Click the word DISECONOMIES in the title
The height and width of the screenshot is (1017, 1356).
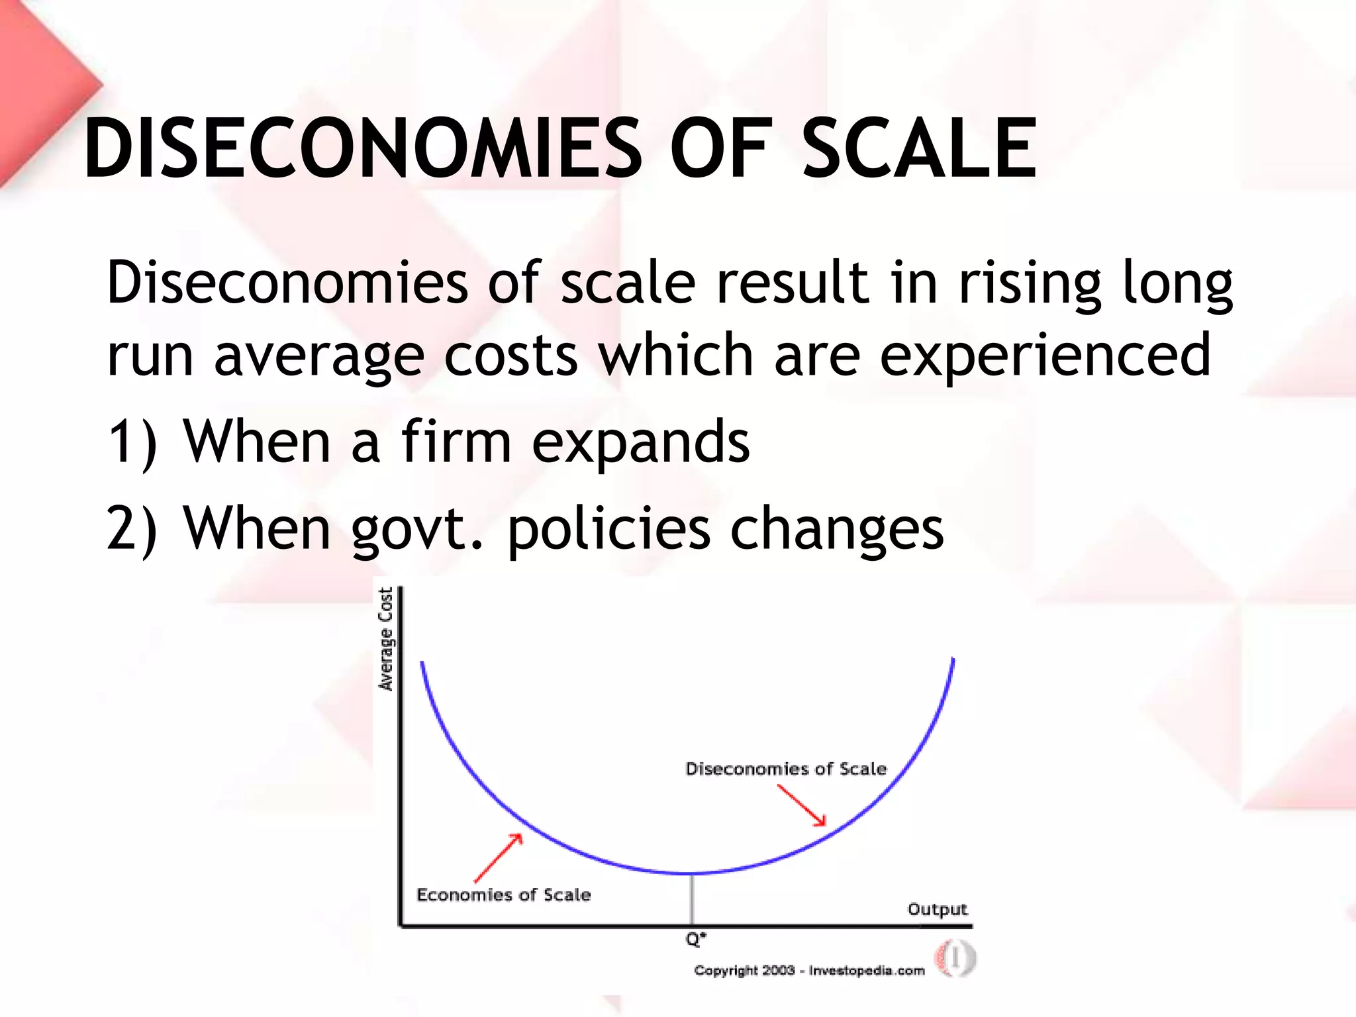363,148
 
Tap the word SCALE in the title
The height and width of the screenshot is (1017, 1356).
919,148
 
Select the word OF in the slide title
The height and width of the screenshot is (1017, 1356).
722,148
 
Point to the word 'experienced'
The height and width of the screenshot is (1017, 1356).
1046,356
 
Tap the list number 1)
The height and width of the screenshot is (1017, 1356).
132,442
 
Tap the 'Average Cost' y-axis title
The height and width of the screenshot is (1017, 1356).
385,639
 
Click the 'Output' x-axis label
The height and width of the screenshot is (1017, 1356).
937,910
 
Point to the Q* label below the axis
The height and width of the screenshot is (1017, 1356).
695,939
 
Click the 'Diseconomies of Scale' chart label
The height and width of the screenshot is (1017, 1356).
786,769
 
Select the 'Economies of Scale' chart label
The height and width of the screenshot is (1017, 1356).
503,895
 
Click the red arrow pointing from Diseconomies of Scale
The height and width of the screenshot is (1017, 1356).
802,805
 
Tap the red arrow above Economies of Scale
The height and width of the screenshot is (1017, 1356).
499,858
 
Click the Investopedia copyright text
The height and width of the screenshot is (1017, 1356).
809,971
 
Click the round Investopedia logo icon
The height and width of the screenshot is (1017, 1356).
955,958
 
